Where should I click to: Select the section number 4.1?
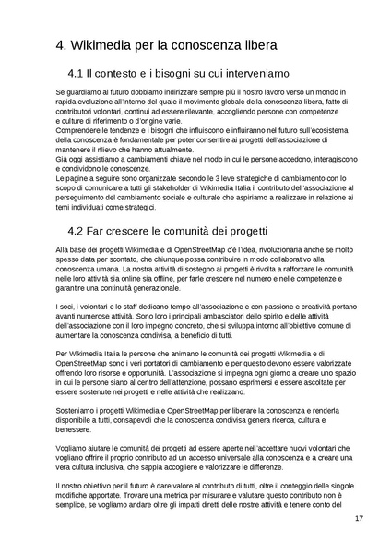point(78,73)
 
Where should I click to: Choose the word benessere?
point(75,430)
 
